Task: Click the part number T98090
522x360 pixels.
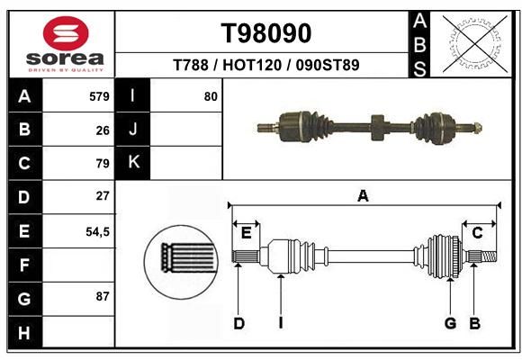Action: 266,33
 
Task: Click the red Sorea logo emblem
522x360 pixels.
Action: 66,33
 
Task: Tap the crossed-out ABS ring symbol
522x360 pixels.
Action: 475,43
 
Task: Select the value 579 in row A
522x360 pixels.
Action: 99,96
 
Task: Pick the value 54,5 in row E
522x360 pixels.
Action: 97,231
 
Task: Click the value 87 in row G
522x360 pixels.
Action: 103,296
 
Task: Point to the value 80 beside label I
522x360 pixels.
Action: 211,96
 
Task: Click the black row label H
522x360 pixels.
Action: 25,332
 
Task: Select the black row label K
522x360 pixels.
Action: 133,162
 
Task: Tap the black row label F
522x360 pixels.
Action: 25,265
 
